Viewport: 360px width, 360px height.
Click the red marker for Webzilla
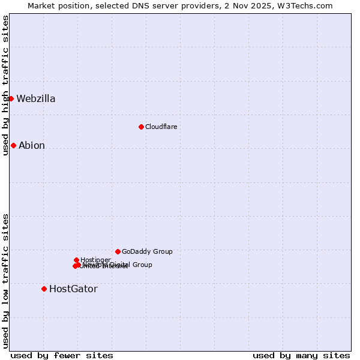click(11, 98)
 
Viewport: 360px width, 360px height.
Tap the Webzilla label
click(36, 99)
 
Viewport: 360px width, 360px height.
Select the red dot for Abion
click(13, 145)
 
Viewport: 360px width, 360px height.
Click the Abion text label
click(32, 146)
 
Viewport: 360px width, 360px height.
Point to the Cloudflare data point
click(141, 127)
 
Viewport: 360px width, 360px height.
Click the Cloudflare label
click(161, 127)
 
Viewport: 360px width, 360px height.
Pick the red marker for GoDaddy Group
click(118, 251)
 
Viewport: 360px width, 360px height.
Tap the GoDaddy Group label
click(147, 252)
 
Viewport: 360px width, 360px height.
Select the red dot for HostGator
click(44, 289)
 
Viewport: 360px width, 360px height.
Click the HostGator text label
click(73, 289)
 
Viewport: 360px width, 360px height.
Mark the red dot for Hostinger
click(76, 260)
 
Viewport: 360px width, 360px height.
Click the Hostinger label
click(95, 260)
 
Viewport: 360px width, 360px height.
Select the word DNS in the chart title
click(139, 5)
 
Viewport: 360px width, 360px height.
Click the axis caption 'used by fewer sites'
click(62, 356)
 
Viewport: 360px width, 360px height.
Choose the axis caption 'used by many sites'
click(301, 356)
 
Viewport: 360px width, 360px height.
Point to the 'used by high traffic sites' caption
click(5, 85)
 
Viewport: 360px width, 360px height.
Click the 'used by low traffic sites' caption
click(5, 281)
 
